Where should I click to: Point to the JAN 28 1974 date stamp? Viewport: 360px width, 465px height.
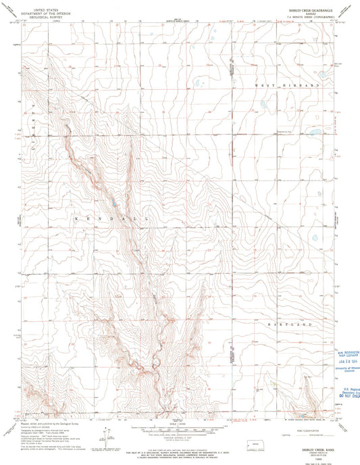click(344, 362)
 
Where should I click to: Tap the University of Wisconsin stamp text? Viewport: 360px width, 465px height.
click(344, 369)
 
